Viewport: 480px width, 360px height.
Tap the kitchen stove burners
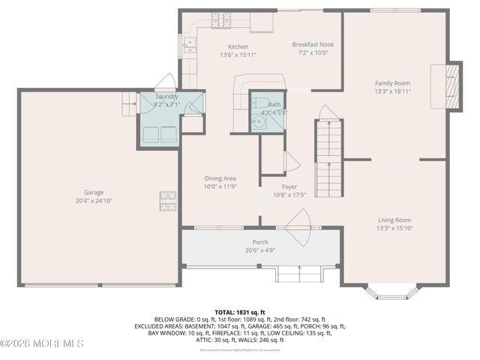click(x=220, y=20)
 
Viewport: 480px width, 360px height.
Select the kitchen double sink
click(x=190, y=46)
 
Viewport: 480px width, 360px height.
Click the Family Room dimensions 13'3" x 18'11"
click(x=393, y=91)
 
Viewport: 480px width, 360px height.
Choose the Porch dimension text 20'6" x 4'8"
click(x=259, y=250)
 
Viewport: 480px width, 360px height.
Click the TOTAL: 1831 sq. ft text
click(x=240, y=312)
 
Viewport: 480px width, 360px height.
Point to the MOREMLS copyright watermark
click(x=42, y=343)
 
